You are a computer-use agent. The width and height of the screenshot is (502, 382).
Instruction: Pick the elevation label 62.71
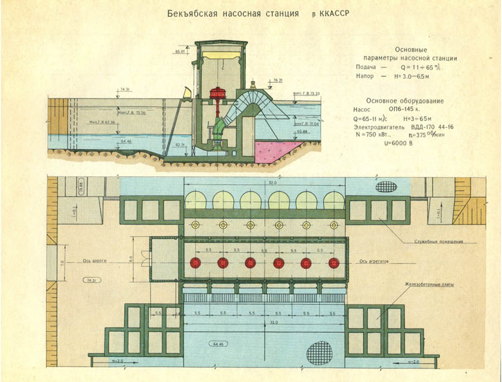pos(180,145)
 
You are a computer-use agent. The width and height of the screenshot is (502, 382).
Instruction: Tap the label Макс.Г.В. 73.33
pos(305,93)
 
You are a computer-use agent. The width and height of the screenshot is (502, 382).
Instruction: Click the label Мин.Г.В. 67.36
pos(102,121)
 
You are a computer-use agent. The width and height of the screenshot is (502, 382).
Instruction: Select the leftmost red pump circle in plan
pos(195,262)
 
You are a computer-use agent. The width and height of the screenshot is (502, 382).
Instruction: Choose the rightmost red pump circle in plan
pos(334,262)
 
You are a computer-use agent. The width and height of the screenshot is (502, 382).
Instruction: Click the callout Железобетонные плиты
pos(429,284)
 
